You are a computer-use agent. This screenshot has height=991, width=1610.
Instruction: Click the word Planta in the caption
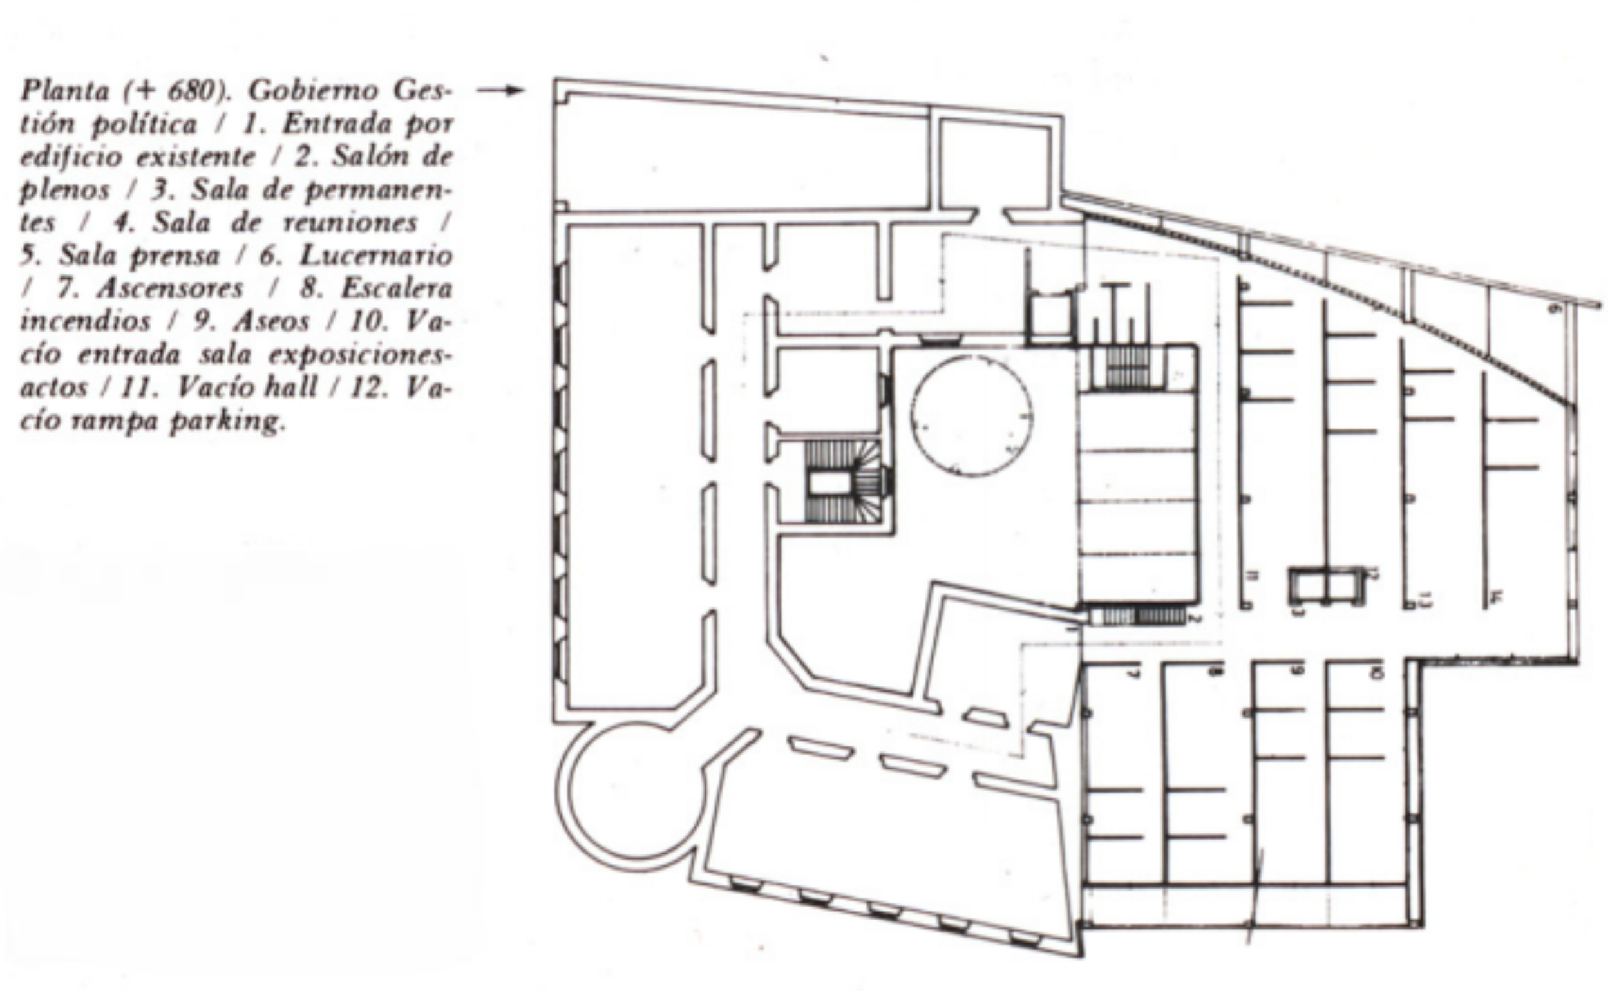coord(64,91)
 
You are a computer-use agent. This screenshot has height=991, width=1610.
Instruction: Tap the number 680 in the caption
coord(191,91)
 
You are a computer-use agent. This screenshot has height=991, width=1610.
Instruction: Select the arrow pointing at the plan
coord(500,90)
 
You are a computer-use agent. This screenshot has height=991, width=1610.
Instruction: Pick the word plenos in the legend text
coord(64,190)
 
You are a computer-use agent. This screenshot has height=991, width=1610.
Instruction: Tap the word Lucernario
coord(375,256)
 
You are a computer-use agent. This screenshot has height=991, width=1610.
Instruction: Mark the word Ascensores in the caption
coord(170,289)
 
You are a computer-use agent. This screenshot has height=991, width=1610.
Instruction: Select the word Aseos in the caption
coord(270,322)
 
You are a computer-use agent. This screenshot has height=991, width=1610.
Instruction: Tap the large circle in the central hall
coord(971,415)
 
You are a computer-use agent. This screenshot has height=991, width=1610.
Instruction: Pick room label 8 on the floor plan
coord(1216,671)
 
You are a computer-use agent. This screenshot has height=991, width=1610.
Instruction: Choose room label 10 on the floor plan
coord(1377,672)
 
